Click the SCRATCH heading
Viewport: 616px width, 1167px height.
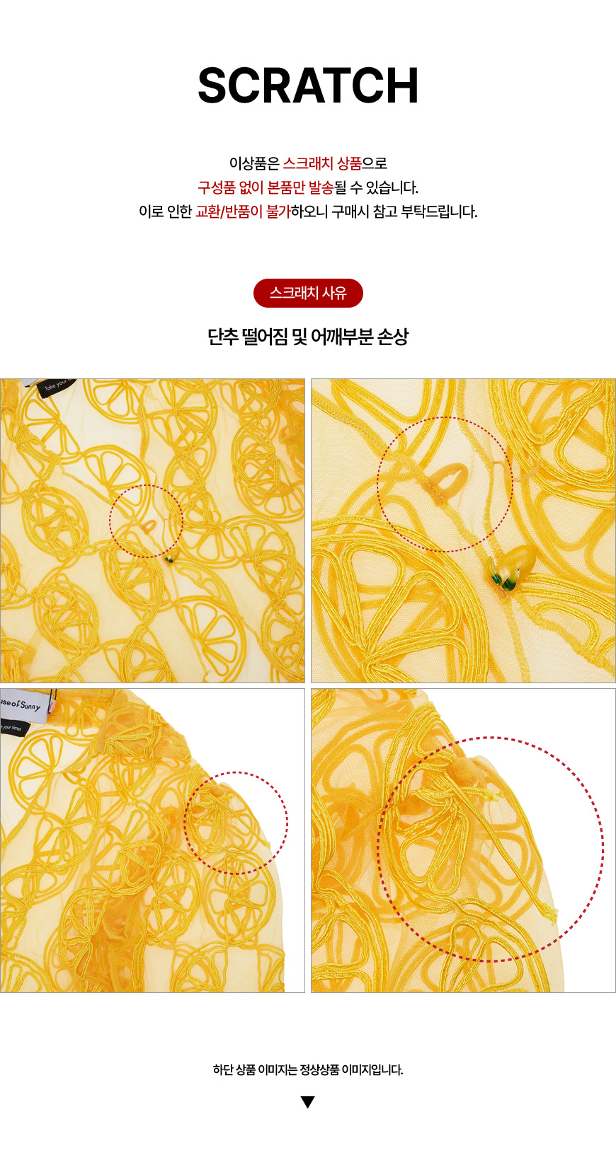[x=308, y=86]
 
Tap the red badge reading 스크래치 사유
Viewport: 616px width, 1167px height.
[x=308, y=293]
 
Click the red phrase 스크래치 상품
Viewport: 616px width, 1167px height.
[x=322, y=163]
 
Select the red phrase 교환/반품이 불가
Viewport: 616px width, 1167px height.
[x=243, y=211]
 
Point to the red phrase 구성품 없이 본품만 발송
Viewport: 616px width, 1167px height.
[x=266, y=187]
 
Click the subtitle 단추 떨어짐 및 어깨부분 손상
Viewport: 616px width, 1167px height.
[x=308, y=337]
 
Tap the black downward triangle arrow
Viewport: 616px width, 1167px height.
[x=308, y=1102]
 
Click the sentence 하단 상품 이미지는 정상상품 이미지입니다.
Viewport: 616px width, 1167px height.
[x=308, y=1069]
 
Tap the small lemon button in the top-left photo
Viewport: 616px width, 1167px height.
[x=169, y=559]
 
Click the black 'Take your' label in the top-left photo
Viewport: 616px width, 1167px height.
[x=58, y=387]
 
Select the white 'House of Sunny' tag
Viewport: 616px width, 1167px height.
[x=23, y=705]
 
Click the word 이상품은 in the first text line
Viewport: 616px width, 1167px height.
[x=254, y=163]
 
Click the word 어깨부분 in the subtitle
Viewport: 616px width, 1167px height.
[x=342, y=337]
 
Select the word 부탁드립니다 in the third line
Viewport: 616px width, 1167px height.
[x=439, y=211]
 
